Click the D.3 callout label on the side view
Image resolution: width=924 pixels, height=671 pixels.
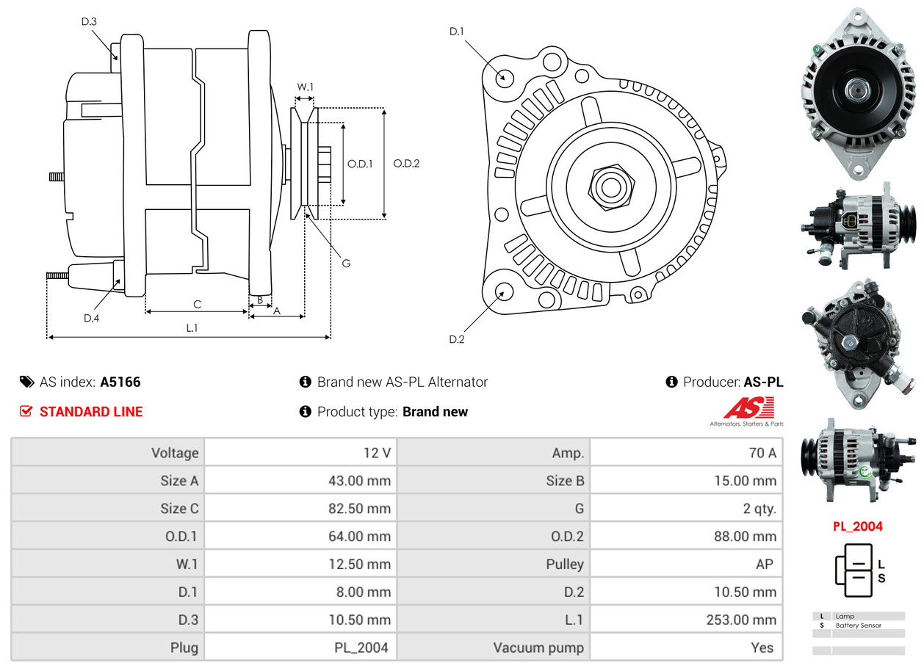89,22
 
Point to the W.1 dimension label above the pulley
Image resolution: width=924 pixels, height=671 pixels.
305,87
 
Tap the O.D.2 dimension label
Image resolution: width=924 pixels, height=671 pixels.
406,164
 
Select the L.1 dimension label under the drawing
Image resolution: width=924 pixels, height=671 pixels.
192,328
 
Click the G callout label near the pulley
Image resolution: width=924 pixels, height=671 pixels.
346,263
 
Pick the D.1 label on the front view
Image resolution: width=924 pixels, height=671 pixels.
457,32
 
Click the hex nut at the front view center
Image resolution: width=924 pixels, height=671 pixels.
609,187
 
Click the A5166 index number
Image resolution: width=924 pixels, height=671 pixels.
120,382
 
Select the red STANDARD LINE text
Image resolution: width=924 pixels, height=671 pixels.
91,412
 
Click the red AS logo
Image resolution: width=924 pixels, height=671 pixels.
748,408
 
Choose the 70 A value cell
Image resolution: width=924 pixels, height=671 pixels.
762,453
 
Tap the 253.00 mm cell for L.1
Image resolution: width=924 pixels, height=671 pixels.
740,620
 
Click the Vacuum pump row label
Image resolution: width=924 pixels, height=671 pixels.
538,648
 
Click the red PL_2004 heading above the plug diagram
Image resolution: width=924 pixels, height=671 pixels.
857,526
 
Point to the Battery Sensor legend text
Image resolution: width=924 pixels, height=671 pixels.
858,625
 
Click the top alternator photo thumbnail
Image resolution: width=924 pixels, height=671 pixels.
857,93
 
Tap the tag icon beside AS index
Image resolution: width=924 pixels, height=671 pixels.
26,382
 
